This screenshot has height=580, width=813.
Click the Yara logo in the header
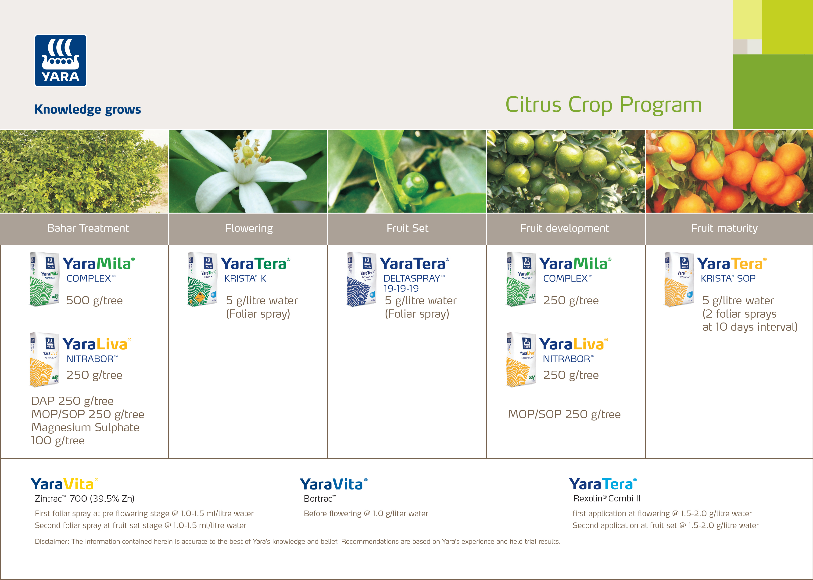[x=60, y=60]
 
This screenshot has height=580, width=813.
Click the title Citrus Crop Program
[x=604, y=105]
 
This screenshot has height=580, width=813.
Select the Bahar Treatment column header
[x=88, y=228]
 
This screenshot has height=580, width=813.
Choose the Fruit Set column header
[x=407, y=228]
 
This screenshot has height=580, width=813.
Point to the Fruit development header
[x=564, y=228]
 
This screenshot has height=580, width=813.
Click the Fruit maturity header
[x=724, y=228]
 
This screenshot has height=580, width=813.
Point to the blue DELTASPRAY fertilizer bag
[x=361, y=279]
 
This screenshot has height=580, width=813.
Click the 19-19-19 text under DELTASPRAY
[x=401, y=289]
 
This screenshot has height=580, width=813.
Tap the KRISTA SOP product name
[x=728, y=279]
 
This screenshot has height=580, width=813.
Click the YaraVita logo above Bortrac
[x=333, y=485]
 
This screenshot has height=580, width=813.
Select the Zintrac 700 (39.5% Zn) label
[x=85, y=499]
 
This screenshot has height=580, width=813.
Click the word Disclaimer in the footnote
[x=52, y=541]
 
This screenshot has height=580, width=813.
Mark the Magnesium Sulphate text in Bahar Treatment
[x=85, y=428]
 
